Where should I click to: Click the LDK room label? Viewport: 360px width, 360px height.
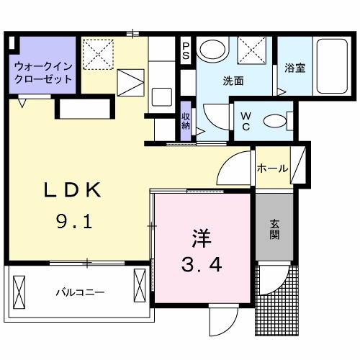pos(72,192)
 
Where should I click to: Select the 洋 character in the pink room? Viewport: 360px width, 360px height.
pos(201,238)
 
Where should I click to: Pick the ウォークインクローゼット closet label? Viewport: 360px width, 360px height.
pos(42,72)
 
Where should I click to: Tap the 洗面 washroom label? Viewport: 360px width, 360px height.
pos(233,81)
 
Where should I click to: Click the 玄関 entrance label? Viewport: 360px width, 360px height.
pos(276,228)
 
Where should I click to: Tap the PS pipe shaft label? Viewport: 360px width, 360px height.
pos(186,50)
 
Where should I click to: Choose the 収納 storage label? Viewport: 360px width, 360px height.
pos(186,121)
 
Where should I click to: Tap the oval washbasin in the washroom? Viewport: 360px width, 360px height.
pos(212,50)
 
